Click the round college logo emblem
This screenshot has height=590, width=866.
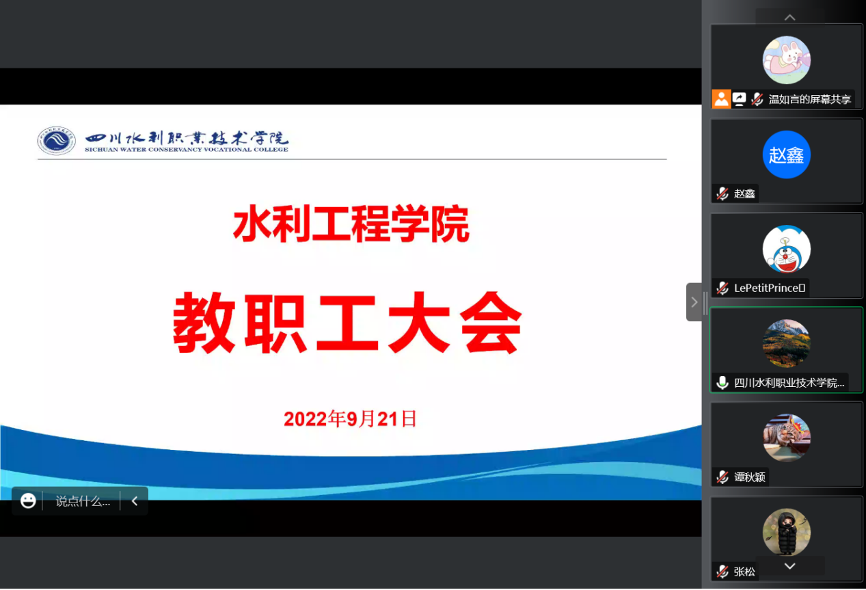[57, 140]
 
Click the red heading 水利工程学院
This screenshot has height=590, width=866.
[351, 224]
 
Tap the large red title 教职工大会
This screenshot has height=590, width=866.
[347, 323]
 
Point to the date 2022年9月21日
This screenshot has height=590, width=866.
[350, 418]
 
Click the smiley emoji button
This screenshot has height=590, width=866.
[28, 500]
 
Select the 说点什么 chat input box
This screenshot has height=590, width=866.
[83, 501]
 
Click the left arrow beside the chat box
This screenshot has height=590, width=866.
[135, 501]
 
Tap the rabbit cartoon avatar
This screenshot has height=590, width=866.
[786, 60]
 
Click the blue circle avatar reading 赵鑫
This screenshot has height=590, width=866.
[786, 155]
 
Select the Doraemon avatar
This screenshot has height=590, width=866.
[786, 249]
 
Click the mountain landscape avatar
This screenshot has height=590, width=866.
[786, 343]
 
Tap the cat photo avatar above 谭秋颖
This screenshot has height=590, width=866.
[786, 438]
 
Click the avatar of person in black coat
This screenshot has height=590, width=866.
[786, 532]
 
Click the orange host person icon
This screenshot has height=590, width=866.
[721, 99]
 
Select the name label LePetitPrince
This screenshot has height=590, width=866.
[770, 288]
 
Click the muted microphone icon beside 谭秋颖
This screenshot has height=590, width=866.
[722, 477]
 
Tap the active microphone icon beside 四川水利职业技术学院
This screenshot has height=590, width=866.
[722, 382]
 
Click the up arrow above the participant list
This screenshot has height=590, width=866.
[790, 17]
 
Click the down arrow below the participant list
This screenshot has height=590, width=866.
[790, 566]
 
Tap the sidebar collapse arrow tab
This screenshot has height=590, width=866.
[694, 302]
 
